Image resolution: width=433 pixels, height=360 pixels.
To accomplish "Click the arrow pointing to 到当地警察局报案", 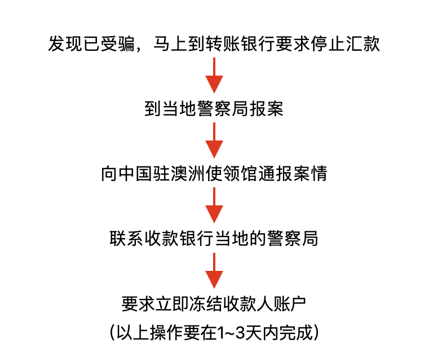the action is click(214, 75).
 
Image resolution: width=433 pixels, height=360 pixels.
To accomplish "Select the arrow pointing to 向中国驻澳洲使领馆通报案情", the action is click(214, 141).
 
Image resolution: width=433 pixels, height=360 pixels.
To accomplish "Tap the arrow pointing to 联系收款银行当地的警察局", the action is click(214, 205).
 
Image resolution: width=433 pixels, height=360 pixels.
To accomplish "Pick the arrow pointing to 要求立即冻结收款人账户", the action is click(214, 271).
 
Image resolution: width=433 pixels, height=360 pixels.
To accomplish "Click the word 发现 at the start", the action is click(65, 43).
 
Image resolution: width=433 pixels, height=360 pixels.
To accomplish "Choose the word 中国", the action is click(135, 173).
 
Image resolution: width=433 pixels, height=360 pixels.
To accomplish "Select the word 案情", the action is click(311, 173).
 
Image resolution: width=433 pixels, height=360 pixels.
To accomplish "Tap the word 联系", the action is click(126, 239).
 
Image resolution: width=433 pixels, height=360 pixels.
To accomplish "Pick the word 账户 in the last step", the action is click(289, 304).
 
